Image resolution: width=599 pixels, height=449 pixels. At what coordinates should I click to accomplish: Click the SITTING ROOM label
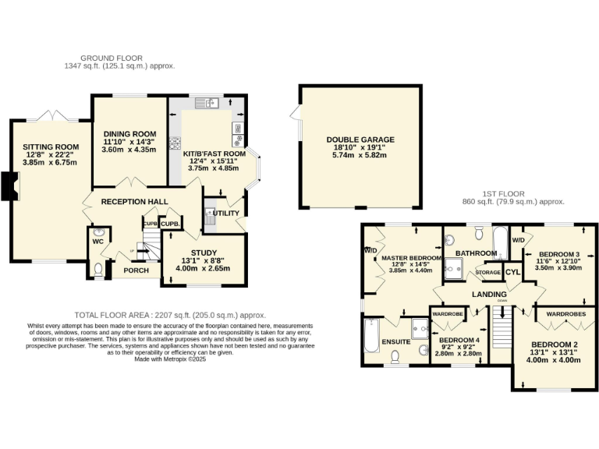tap(51, 147)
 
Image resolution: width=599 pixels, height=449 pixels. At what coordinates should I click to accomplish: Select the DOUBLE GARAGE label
tap(360, 140)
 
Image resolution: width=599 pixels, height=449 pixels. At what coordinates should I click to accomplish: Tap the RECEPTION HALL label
tap(135, 201)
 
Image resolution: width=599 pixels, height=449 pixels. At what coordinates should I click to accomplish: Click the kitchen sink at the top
tap(210, 102)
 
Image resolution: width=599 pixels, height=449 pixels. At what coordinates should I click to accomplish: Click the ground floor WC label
tap(97, 242)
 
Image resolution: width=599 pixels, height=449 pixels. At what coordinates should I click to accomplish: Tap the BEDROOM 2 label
tap(555, 345)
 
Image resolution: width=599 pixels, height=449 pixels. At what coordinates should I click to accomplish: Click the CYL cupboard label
tap(512, 271)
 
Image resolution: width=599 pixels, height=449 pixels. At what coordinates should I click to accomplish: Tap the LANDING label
tap(489, 294)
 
